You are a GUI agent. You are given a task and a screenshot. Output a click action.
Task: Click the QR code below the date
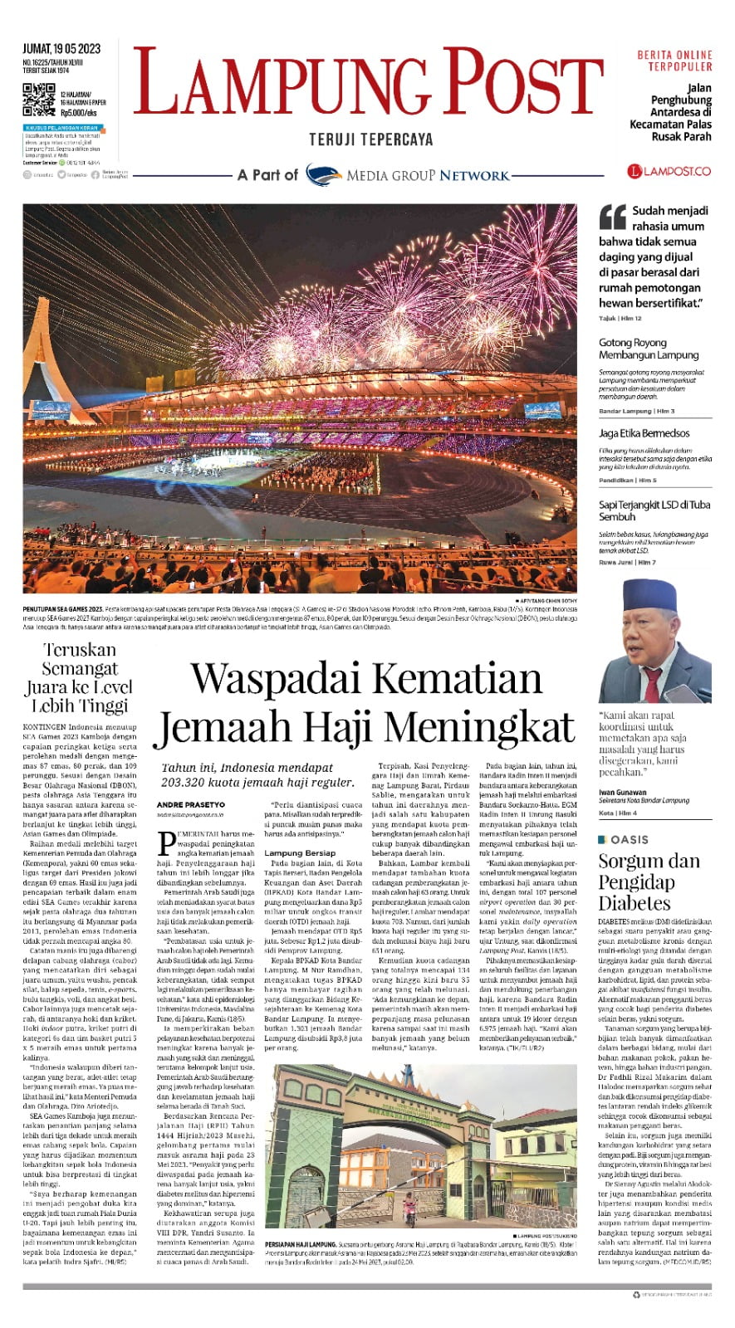38,100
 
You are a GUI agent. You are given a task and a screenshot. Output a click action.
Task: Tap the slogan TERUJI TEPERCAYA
370,139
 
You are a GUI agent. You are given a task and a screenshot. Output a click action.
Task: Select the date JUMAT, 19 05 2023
61,49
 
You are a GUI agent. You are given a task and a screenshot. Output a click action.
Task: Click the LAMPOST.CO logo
669,171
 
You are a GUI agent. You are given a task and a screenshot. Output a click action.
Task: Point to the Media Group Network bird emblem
323,175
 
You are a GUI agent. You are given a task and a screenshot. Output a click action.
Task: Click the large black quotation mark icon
612,217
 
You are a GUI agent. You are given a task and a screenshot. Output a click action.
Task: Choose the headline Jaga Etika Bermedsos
644,433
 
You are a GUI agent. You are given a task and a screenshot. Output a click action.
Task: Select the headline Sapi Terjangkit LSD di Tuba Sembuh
654,510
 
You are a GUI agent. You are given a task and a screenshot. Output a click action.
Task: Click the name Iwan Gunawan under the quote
624,792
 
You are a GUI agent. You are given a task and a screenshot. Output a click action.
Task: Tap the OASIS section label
629,840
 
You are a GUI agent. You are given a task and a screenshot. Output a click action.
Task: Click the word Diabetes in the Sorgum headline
634,903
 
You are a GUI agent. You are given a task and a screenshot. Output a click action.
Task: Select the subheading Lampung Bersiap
300,852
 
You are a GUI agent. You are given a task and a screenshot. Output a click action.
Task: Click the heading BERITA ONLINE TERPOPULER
674,61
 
